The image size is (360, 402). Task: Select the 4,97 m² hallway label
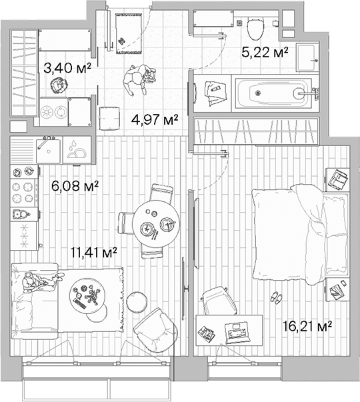coord(154,120)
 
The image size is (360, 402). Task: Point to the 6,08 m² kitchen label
coord(75,186)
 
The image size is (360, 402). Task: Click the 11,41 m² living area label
coord(94,252)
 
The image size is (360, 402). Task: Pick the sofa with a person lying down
coord(37,293)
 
